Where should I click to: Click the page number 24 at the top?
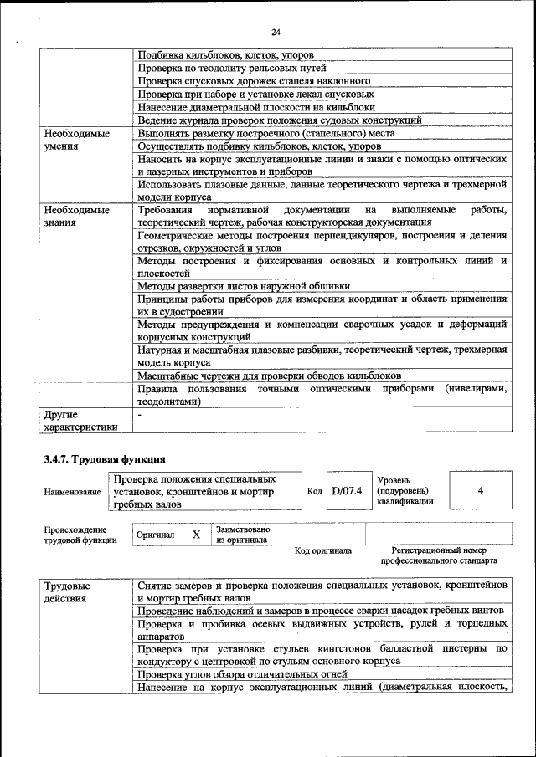[x=276, y=32]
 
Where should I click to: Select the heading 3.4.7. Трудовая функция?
[x=105, y=459]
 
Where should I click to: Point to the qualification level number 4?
[x=480, y=490]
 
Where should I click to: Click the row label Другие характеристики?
[x=80, y=420]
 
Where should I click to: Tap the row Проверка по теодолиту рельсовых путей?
[x=232, y=67]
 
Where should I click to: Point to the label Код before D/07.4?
[x=314, y=491]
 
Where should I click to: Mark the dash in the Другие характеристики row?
[x=140, y=413]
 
